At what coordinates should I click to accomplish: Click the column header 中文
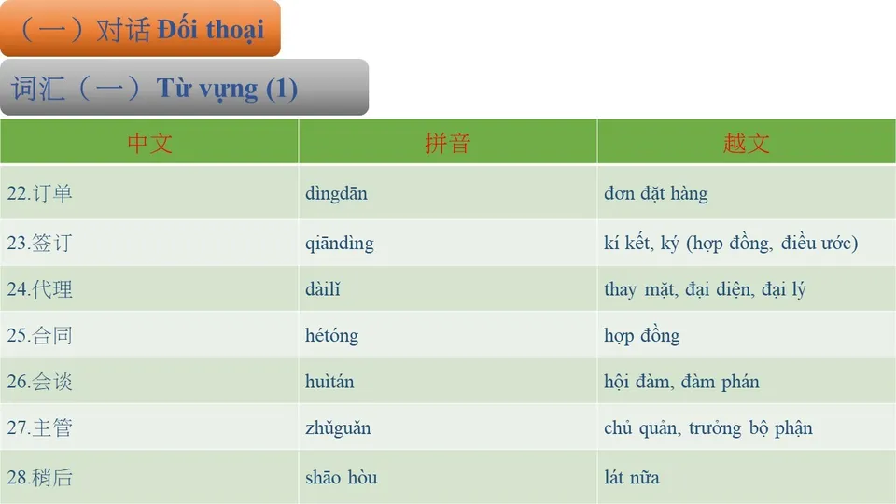149,143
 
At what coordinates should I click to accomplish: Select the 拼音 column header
447,143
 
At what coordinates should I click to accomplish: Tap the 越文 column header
746,143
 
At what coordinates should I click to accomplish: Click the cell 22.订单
39,194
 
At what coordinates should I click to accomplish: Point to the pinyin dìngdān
336,194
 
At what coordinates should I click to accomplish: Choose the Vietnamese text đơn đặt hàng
655,194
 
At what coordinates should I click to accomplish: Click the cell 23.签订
39,244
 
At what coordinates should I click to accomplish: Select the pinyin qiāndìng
339,244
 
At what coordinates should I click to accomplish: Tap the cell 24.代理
39,289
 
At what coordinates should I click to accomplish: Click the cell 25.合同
39,335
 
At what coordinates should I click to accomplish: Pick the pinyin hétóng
331,335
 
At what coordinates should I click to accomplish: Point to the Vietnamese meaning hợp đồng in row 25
641,335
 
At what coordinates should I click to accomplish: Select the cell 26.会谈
39,382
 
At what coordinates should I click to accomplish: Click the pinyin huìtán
329,382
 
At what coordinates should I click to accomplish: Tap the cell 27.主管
39,428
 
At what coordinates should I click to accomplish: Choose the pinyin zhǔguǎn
338,428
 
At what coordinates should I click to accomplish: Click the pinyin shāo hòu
341,478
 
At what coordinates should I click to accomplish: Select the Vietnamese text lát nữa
632,478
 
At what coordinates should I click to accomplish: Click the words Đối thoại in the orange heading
210,29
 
